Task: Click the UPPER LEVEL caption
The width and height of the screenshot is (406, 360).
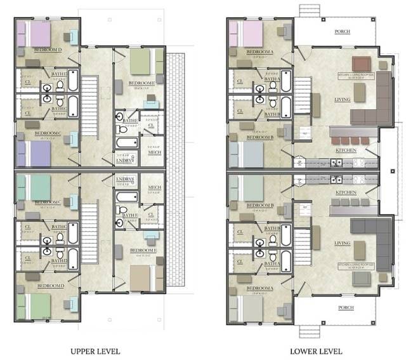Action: pos(95,350)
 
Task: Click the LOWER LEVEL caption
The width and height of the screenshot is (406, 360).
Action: pos(316,350)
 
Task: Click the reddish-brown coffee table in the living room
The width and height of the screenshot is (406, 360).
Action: pos(361,63)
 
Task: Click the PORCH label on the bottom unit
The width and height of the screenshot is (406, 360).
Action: pos(345,308)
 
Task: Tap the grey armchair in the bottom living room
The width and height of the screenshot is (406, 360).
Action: pos(362,277)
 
